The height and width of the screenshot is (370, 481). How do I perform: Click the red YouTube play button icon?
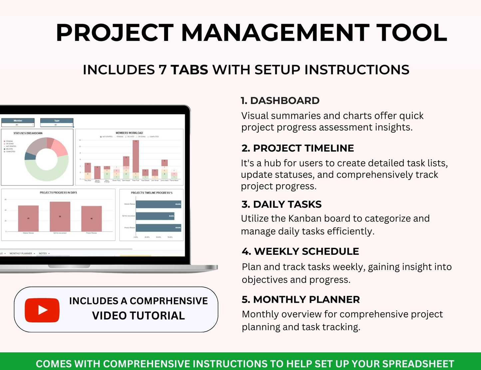tap(42, 310)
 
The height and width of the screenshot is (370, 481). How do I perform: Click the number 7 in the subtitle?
tap(162, 70)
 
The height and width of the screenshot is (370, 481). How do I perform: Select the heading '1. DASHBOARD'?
tap(280, 101)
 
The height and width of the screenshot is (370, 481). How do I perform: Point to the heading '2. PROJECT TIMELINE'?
tap(298, 148)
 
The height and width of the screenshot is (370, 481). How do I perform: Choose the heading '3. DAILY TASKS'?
tap(282, 204)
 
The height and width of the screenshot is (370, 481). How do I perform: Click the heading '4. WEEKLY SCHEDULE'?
tap(300, 251)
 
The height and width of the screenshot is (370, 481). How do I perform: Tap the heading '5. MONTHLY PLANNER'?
tap(301, 299)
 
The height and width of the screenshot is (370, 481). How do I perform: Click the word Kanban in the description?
tap(305, 218)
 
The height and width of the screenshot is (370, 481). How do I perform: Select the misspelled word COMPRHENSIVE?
tap(168, 301)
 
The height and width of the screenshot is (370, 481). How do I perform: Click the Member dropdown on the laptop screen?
tap(18, 125)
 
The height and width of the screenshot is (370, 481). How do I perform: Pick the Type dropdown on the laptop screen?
tap(57, 125)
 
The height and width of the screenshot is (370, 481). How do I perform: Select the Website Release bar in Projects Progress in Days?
tap(28, 218)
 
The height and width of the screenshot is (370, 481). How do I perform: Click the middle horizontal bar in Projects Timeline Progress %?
tap(155, 216)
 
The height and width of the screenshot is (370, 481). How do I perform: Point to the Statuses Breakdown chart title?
tap(28, 133)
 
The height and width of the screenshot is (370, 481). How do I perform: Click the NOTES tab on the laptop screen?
tap(43, 253)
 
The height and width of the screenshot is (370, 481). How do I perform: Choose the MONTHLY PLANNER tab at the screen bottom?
tap(21, 253)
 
